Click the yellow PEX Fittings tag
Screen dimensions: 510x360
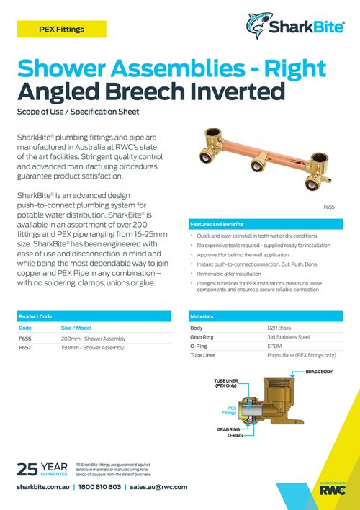(61, 30)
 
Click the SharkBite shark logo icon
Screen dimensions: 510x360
(256, 25)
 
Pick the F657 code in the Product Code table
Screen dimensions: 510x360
(25, 347)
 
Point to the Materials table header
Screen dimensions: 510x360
(202, 316)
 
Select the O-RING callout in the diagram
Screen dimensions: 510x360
(235, 436)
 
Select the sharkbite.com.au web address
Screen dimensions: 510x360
(42, 487)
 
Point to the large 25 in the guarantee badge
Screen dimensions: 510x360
(27, 470)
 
